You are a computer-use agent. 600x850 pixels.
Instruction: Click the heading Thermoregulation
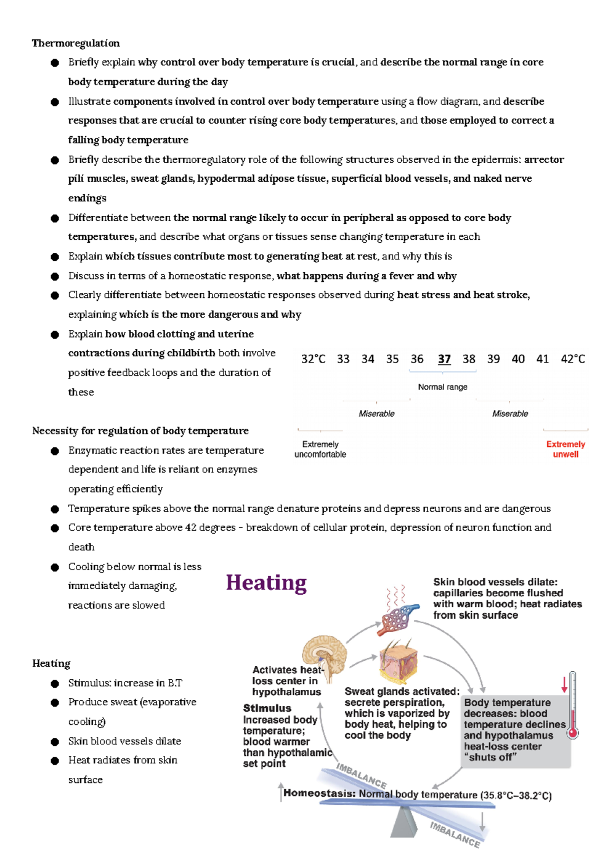[75, 43]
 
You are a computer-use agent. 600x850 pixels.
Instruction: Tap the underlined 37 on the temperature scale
[444, 359]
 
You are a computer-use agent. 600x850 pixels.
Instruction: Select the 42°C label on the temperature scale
[572, 359]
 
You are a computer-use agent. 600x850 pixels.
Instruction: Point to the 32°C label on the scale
[313, 359]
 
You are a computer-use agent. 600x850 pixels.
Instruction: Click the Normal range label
[442, 387]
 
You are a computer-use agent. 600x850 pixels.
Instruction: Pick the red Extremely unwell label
[565, 449]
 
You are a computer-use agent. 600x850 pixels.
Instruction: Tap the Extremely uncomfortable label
[320, 449]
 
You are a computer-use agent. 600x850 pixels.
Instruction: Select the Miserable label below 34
[376, 413]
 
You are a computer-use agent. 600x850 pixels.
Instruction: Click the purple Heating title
[266, 583]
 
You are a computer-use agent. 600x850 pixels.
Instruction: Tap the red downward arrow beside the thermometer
[564, 685]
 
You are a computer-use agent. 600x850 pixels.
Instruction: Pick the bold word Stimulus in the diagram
[267, 708]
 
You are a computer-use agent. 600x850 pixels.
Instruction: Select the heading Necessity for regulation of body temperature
[140, 431]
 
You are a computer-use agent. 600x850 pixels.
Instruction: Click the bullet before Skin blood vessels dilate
[55, 741]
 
